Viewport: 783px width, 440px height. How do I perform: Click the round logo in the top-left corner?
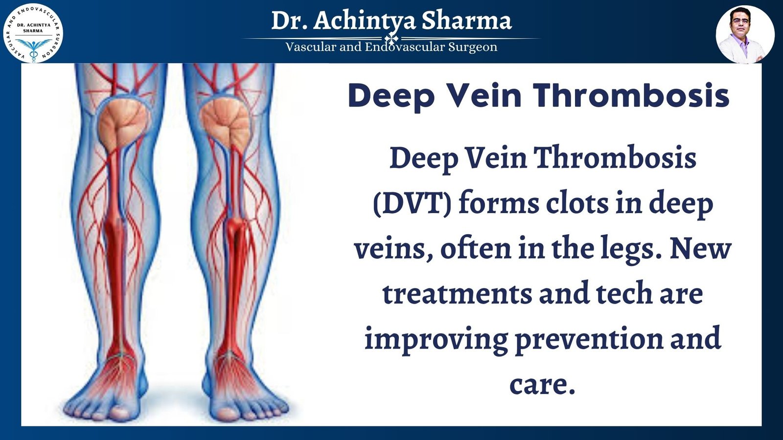[x=33, y=34]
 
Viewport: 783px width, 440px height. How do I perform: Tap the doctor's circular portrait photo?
[x=745, y=34]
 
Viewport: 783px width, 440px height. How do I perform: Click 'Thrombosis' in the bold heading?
[x=631, y=95]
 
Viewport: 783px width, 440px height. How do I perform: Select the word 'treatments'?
[x=458, y=294]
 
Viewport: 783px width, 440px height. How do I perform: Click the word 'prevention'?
[x=589, y=339]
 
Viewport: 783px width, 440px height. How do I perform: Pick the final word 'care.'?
[x=542, y=384]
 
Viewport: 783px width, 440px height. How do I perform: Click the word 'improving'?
[x=436, y=339]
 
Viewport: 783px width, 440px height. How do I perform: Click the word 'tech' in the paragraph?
[x=624, y=293]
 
